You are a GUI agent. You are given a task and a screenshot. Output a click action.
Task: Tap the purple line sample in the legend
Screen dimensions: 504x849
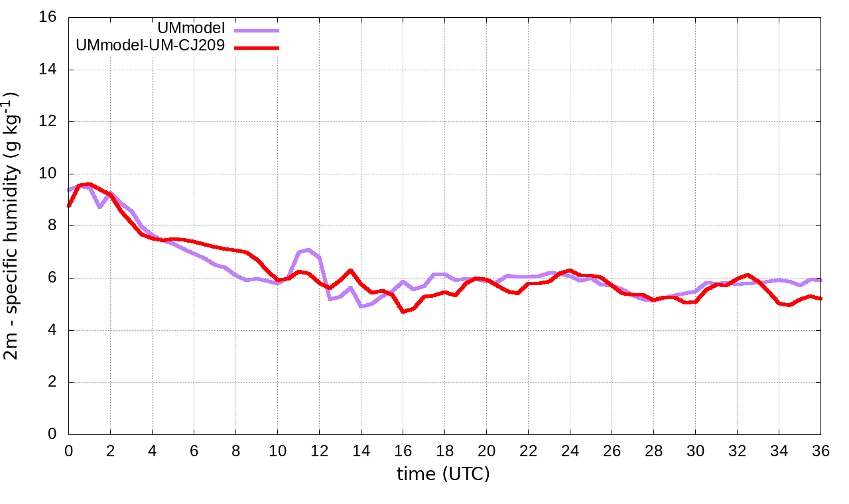click(256, 30)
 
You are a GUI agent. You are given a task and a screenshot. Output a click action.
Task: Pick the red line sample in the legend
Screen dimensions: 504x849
click(256, 47)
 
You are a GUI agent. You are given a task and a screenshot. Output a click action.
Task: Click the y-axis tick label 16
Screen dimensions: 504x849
click(48, 17)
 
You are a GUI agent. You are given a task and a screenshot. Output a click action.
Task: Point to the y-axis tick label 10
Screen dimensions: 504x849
click(48, 174)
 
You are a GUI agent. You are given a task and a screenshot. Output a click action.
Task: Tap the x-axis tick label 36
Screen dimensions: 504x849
click(821, 450)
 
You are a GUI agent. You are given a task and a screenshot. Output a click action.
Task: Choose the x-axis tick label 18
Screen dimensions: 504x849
click(444, 450)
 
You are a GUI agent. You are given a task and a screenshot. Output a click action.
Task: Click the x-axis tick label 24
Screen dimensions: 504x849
click(570, 450)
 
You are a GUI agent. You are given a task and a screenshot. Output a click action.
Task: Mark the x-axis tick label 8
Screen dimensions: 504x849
click(235, 450)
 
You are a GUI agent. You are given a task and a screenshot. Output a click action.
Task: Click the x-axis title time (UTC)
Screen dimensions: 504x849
click(443, 474)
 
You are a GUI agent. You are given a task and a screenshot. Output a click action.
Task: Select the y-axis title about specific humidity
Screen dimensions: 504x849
click(15, 225)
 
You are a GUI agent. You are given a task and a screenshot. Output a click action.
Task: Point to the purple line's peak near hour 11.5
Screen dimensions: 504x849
click(309, 250)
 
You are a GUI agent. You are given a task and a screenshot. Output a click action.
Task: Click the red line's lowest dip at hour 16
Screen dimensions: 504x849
click(403, 311)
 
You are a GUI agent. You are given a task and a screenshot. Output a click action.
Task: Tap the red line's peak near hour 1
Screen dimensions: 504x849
click(89, 184)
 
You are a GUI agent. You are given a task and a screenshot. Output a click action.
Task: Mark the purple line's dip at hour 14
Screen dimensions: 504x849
click(361, 306)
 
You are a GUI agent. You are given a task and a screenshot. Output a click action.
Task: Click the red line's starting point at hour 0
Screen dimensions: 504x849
click(69, 206)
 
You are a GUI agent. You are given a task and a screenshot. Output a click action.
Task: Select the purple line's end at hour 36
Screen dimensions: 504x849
click(820, 280)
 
